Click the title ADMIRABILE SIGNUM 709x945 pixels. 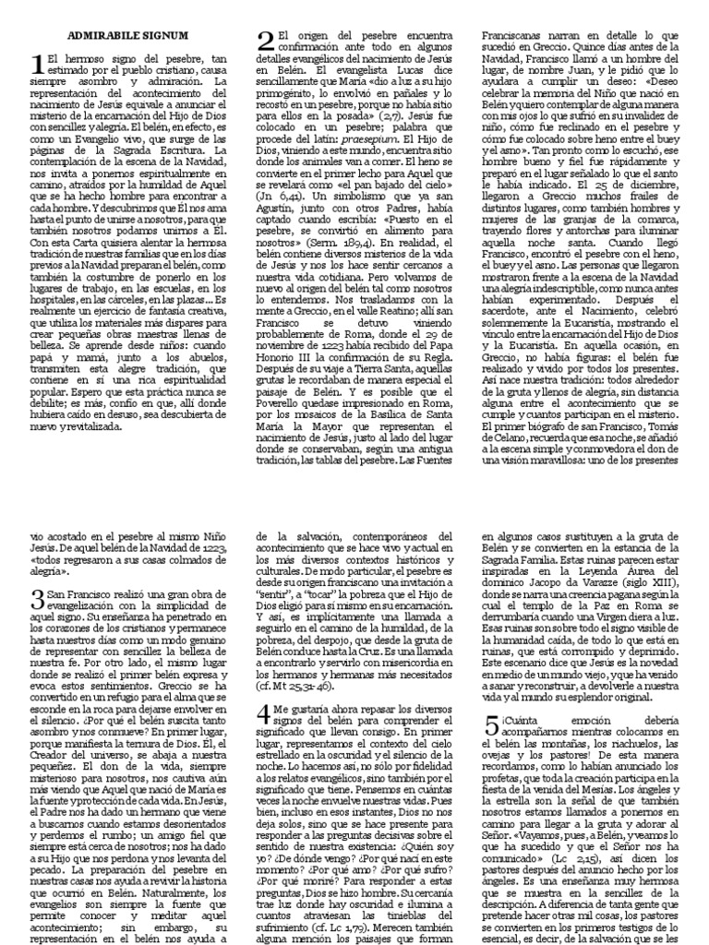[x=122, y=35]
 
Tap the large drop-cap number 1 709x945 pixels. [x=37, y=64]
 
